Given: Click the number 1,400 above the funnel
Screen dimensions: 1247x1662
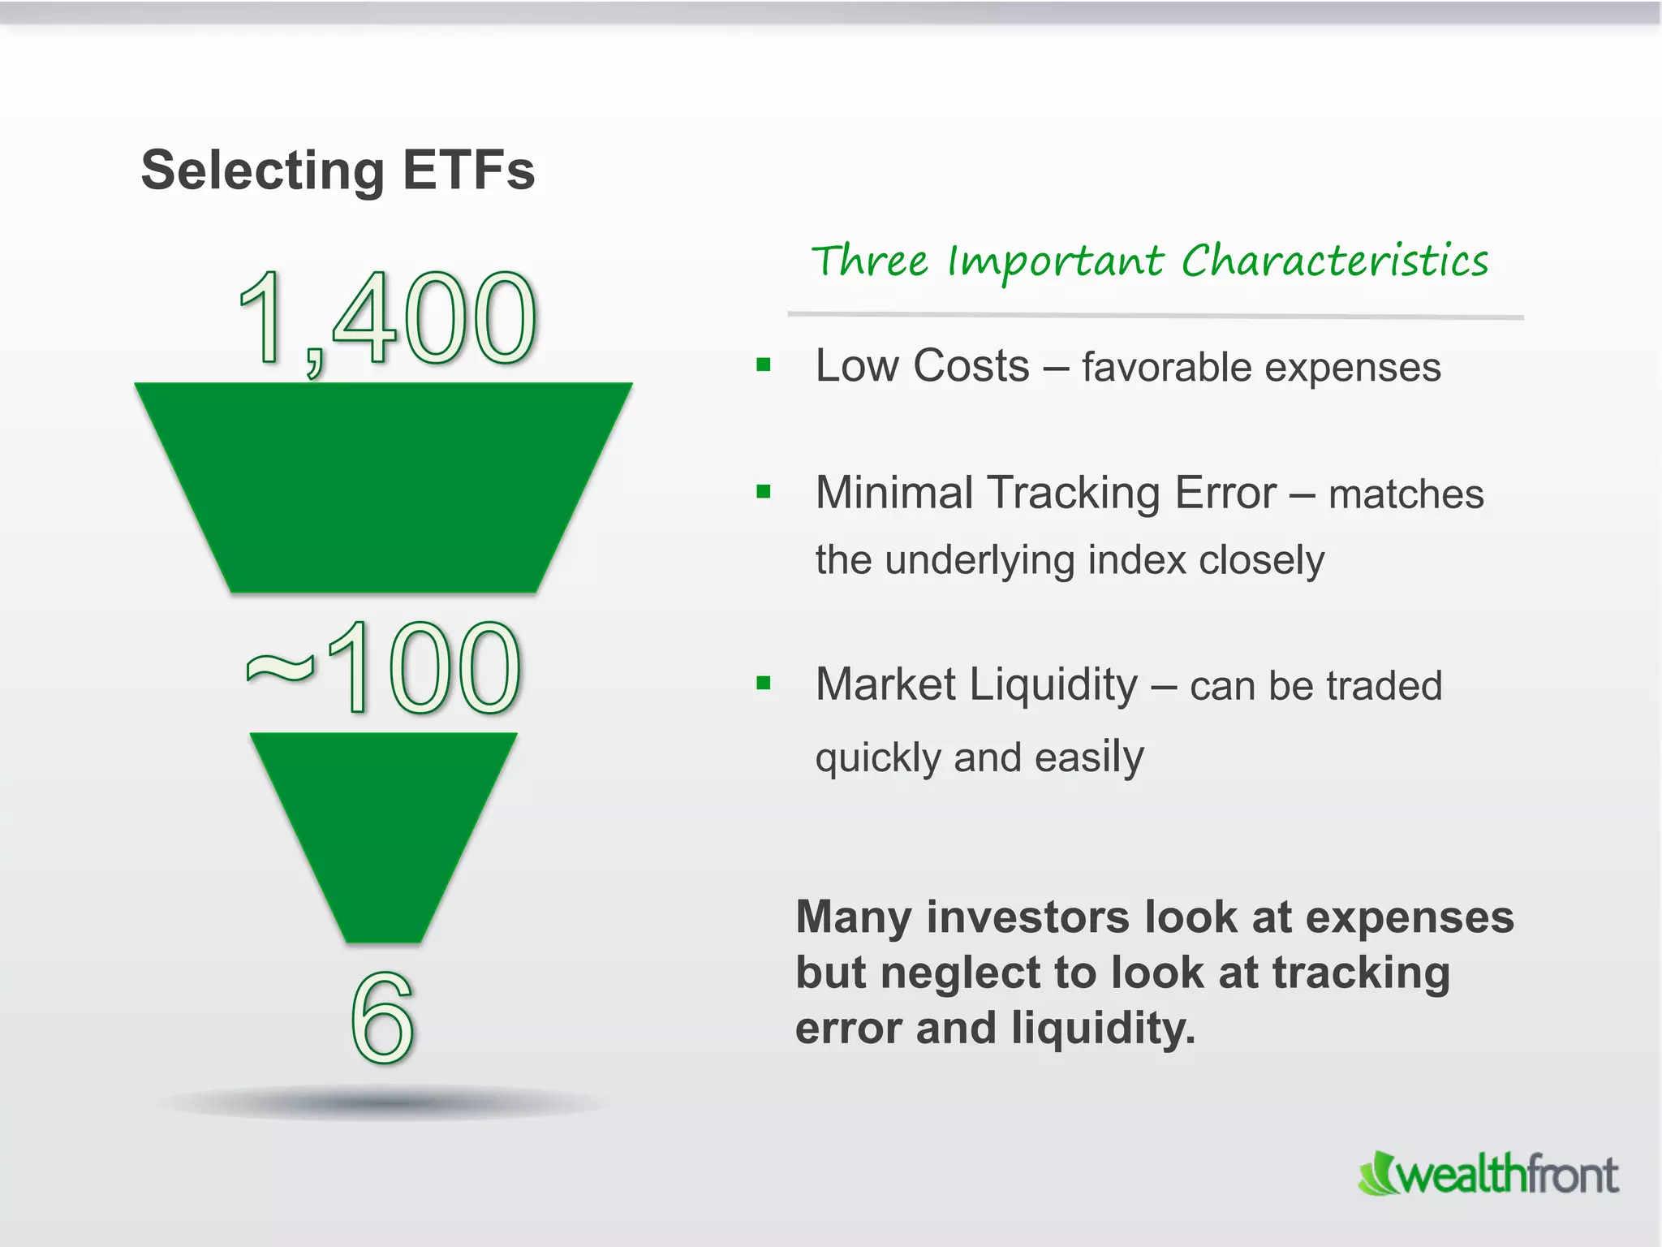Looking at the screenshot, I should [x=388, y=318].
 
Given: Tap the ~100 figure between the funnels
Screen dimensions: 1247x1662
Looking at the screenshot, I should [x=383, y=667].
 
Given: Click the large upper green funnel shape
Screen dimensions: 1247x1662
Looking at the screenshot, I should [x=383, y=487].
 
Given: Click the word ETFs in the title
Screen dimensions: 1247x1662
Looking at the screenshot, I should [x=468, y=170].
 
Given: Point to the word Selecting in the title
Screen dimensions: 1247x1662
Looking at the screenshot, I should [x=262, y=172].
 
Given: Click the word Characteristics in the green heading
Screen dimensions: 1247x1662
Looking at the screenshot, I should [x=1334, y=261].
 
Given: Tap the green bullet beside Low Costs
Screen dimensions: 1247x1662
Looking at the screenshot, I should [x=763, y=365].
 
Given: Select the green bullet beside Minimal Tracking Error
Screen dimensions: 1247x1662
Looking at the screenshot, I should [x=763, y=491].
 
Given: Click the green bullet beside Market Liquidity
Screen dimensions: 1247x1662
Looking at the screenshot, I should [x=763, y=683].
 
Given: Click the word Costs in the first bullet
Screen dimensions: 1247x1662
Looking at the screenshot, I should [x=971, y=366].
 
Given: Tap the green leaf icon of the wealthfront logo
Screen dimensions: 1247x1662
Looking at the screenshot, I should [x=1377, y=1174].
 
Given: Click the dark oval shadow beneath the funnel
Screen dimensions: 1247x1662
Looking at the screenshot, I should [x=383, y=1102].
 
